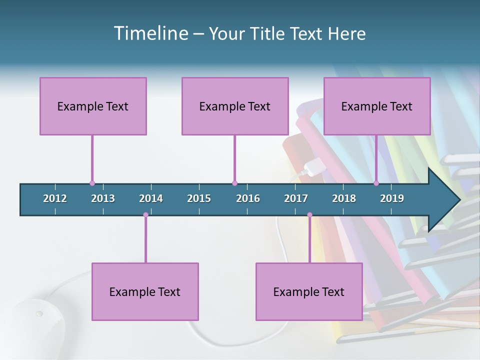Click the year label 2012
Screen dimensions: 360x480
[55, 198]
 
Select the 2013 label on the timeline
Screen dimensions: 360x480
[103, 198]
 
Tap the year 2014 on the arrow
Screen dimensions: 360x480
[151, 198]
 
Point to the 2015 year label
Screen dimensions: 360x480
[199, 198]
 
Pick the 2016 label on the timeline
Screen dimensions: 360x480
[248, 198]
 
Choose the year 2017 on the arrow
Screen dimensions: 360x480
[296, 198]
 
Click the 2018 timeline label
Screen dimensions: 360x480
[344, 198]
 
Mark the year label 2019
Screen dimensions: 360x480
[392, 198]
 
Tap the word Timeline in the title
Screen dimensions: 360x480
[150, 33]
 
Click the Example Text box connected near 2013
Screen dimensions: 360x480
[93, 106]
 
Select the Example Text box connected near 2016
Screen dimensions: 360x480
[235, 106]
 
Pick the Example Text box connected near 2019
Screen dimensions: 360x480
[377, 106]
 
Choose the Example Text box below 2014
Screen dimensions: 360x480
[145, 291]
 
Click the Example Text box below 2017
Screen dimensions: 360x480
[309, 291]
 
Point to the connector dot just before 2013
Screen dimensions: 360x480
[92, 183]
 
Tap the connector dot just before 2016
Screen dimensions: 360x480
[234, 183]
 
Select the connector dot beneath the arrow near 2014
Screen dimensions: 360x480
[145, 215]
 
